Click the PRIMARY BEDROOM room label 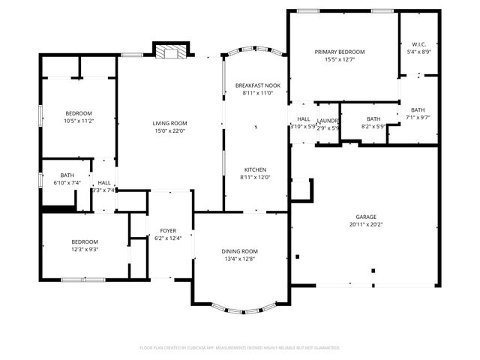click(339, 52)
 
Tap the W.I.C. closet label click(419, 44)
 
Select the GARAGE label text click(367, 216)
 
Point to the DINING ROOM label click(239, 251)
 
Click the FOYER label click(168, 230)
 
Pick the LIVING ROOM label click(169, 123)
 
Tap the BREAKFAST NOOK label click(257, 85)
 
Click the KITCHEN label click(254, 169)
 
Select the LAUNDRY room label click(328, 120)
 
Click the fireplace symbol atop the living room click(169, 51)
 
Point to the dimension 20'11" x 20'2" click(367, 224)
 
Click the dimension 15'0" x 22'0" click(169, 131)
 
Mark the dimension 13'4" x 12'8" click(239, 259)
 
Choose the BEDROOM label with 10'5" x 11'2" click(78, 112)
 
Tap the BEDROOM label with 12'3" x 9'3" click(85, 241)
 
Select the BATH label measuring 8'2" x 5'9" click(373, 119)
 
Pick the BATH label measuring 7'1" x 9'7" click(416, 109)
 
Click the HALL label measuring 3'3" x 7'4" click(103, 182)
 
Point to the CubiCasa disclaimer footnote click(239, 348)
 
